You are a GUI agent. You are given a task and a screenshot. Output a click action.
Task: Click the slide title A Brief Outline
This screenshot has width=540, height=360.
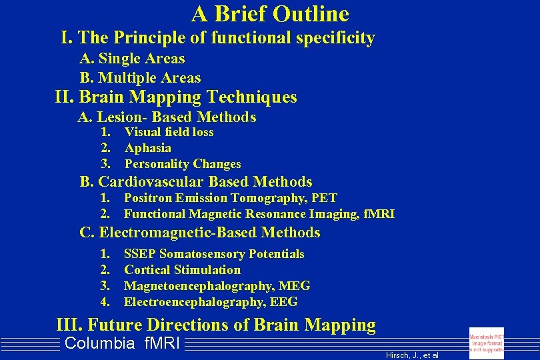(x=270, y=13)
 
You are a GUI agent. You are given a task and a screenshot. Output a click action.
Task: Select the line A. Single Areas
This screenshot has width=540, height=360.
(x=132, y=59)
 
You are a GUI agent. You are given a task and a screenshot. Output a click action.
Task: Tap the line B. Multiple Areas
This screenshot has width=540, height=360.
(x=140, y=78)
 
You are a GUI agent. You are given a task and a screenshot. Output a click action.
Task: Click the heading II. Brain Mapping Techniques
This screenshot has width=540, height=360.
(x=176, y=97)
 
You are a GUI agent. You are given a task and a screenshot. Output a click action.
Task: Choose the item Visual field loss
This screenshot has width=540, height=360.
(x=169, y=132)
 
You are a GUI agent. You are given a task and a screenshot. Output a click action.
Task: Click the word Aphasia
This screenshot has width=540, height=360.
(x=148, y=148)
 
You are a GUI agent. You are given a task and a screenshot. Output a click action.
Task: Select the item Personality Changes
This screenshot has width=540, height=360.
(x=183, y=164)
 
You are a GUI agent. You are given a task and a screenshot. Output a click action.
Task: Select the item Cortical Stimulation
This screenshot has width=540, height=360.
(x=182, y=270)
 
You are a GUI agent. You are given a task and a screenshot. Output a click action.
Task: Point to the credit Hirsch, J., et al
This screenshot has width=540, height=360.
(x=412, y=355)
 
